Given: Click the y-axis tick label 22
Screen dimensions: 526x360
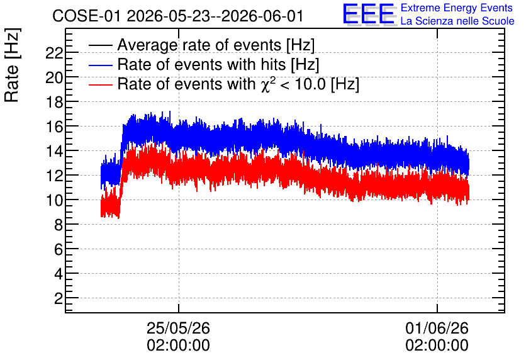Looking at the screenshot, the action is click(x=53, y=53).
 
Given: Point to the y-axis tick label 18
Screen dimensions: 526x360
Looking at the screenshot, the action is click(x=53, y=102).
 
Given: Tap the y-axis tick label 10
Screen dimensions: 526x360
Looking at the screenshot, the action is click(x=53, y=200).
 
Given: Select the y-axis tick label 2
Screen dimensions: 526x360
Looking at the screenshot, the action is click(x=59, y=298).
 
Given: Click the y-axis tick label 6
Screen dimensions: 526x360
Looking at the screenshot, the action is click(x=59, y=249).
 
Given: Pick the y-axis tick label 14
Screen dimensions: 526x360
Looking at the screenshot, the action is click(x=53, y=151).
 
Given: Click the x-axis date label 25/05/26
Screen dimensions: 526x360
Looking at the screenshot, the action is click(x=179, y=328).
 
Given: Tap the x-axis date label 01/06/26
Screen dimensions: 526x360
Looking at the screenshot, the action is click(x=437, y=328).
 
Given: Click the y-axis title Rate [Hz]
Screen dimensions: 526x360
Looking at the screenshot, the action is click(x=12, y=65).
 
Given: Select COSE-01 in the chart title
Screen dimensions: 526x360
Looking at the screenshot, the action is click(x=86, y=16).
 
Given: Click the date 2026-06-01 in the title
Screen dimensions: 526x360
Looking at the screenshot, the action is click(x=262, y=16).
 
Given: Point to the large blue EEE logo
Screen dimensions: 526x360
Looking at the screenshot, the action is click(x=369, y=14).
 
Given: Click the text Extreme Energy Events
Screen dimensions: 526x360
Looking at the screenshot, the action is click(x=457, y=8).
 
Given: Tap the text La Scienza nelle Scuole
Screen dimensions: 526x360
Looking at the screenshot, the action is click(x=457, y=21).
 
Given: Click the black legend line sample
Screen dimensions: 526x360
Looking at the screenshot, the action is click(x=100, y=45).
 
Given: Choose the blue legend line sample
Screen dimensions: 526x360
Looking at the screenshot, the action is click(x=100, y=65).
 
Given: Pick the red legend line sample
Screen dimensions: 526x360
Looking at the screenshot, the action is click(x=100, y=84).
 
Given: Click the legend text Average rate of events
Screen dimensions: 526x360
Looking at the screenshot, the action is click(x=199, y=45).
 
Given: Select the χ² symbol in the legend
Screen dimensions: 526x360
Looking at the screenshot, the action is click(x=268, y=84).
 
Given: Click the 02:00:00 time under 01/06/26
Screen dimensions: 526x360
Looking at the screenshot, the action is click(x=437, y=346).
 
